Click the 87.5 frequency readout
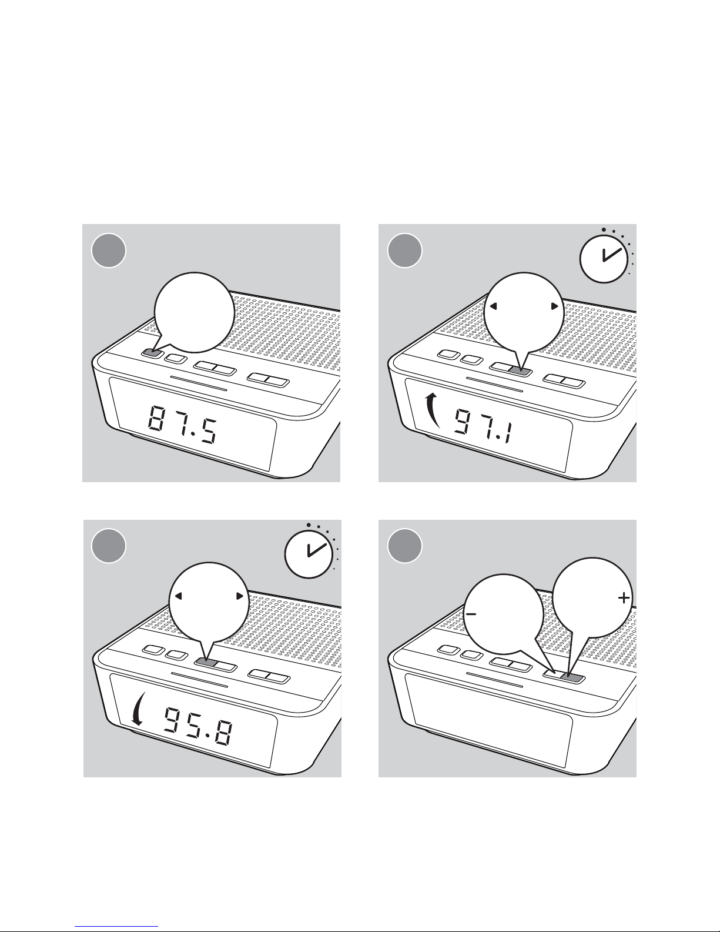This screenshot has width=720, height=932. click(183, 425)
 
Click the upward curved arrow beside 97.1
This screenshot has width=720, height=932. click(433, 412)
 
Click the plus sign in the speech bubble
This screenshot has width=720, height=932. click(624, 598)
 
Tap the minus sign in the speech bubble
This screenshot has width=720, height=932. click(471, 614)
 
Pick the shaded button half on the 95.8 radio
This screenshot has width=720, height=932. click(206, 662)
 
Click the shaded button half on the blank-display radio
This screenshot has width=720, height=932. click(574, 678)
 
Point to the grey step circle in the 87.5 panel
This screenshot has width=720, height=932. click(109, 250)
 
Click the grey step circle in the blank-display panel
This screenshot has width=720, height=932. click(404, 546)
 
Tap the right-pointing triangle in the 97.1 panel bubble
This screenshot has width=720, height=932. click(555, 306)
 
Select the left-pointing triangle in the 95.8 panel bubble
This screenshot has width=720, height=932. click(179, 596)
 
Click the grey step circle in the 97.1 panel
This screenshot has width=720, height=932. click(404, 250)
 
